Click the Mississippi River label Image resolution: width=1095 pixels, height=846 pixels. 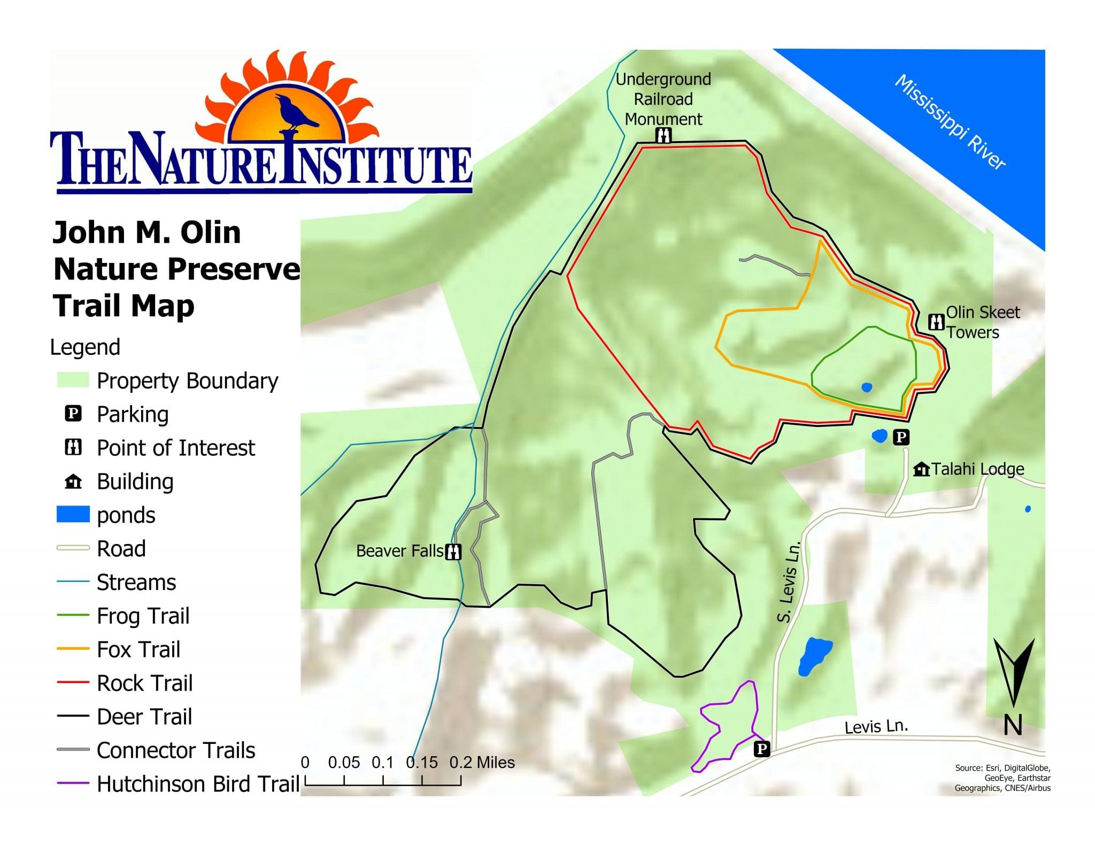point(951,122)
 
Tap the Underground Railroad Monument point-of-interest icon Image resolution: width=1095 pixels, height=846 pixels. point(663,136)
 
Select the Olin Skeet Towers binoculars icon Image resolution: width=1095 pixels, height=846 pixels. point(936,322)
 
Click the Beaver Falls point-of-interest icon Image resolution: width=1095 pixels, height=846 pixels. point(453,551)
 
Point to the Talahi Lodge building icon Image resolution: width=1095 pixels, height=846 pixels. point(921,469)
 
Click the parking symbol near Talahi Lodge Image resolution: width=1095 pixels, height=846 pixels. point(901,437)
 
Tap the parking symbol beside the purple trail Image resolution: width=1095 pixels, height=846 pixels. point(762,749)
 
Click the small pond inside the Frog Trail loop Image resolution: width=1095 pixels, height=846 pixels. point(867,387)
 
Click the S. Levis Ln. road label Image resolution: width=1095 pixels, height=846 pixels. point(789,583)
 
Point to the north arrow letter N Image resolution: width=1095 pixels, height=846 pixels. point(1013,726)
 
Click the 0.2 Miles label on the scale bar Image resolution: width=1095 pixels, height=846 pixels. point(482,763)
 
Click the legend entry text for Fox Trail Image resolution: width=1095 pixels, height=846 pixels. point(138,649)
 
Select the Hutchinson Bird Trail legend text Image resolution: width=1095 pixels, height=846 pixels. point(198,784)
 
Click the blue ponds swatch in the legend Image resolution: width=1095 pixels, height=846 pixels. point(73,515)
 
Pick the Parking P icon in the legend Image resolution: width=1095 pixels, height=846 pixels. point(73,414)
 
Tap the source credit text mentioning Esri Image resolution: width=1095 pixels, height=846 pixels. point(1003,778)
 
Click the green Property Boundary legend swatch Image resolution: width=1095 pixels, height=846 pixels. point(73,380)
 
